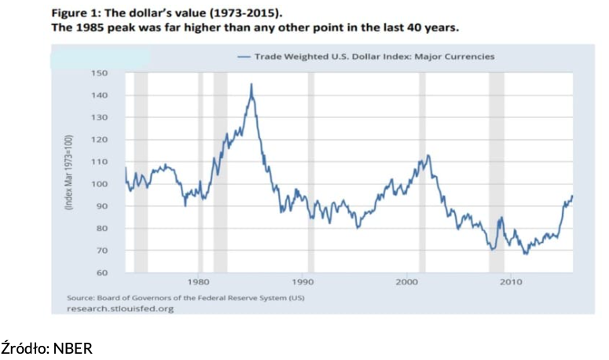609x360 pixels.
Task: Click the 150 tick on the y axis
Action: tap(100, 73)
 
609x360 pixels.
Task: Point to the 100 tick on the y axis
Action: tap(100, 184)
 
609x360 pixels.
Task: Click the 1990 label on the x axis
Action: tap(303, 281)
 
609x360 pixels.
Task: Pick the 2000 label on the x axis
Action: tap(406, 281)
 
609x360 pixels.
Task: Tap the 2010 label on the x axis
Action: tap(511, 281)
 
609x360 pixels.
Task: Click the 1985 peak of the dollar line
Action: tap(251, 84)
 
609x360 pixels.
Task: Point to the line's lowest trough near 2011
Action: tap(525, 254)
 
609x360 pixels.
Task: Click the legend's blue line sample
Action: tap(243, 57)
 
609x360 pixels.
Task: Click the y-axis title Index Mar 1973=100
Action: tap(69, 173)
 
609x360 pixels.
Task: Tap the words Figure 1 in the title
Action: tap(75, 13)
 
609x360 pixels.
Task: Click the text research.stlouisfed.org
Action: tap(120, 309)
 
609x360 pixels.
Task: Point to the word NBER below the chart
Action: tap(72, 347)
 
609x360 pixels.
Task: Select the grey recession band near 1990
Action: tap(311, 173)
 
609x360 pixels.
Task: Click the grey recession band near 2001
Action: tap(422, 173)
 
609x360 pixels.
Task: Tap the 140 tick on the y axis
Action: tap(100, 95)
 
